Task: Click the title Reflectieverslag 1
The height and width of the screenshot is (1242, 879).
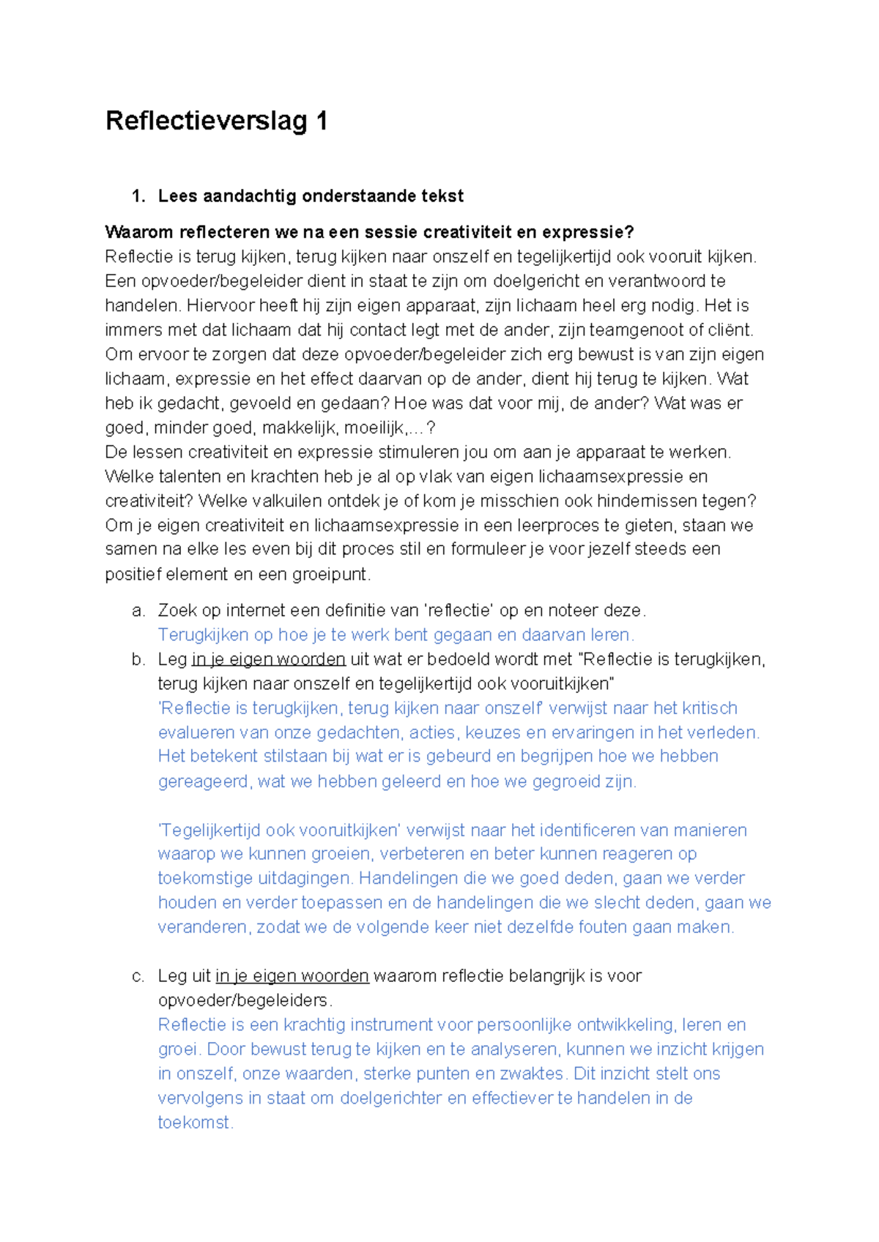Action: coord(216,121)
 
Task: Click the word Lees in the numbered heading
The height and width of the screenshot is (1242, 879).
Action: coord(178,196)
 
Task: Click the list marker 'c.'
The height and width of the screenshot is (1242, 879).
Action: coord(138,976)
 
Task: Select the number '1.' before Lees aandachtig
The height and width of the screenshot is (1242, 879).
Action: coord(138,196)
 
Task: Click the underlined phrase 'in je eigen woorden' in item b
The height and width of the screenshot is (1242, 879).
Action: coord(268,660)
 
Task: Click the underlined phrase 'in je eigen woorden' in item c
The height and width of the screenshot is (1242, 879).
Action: coord(292,976)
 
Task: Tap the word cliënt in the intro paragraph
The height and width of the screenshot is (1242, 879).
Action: coord(730,330)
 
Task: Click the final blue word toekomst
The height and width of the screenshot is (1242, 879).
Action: coord(194,1123)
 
